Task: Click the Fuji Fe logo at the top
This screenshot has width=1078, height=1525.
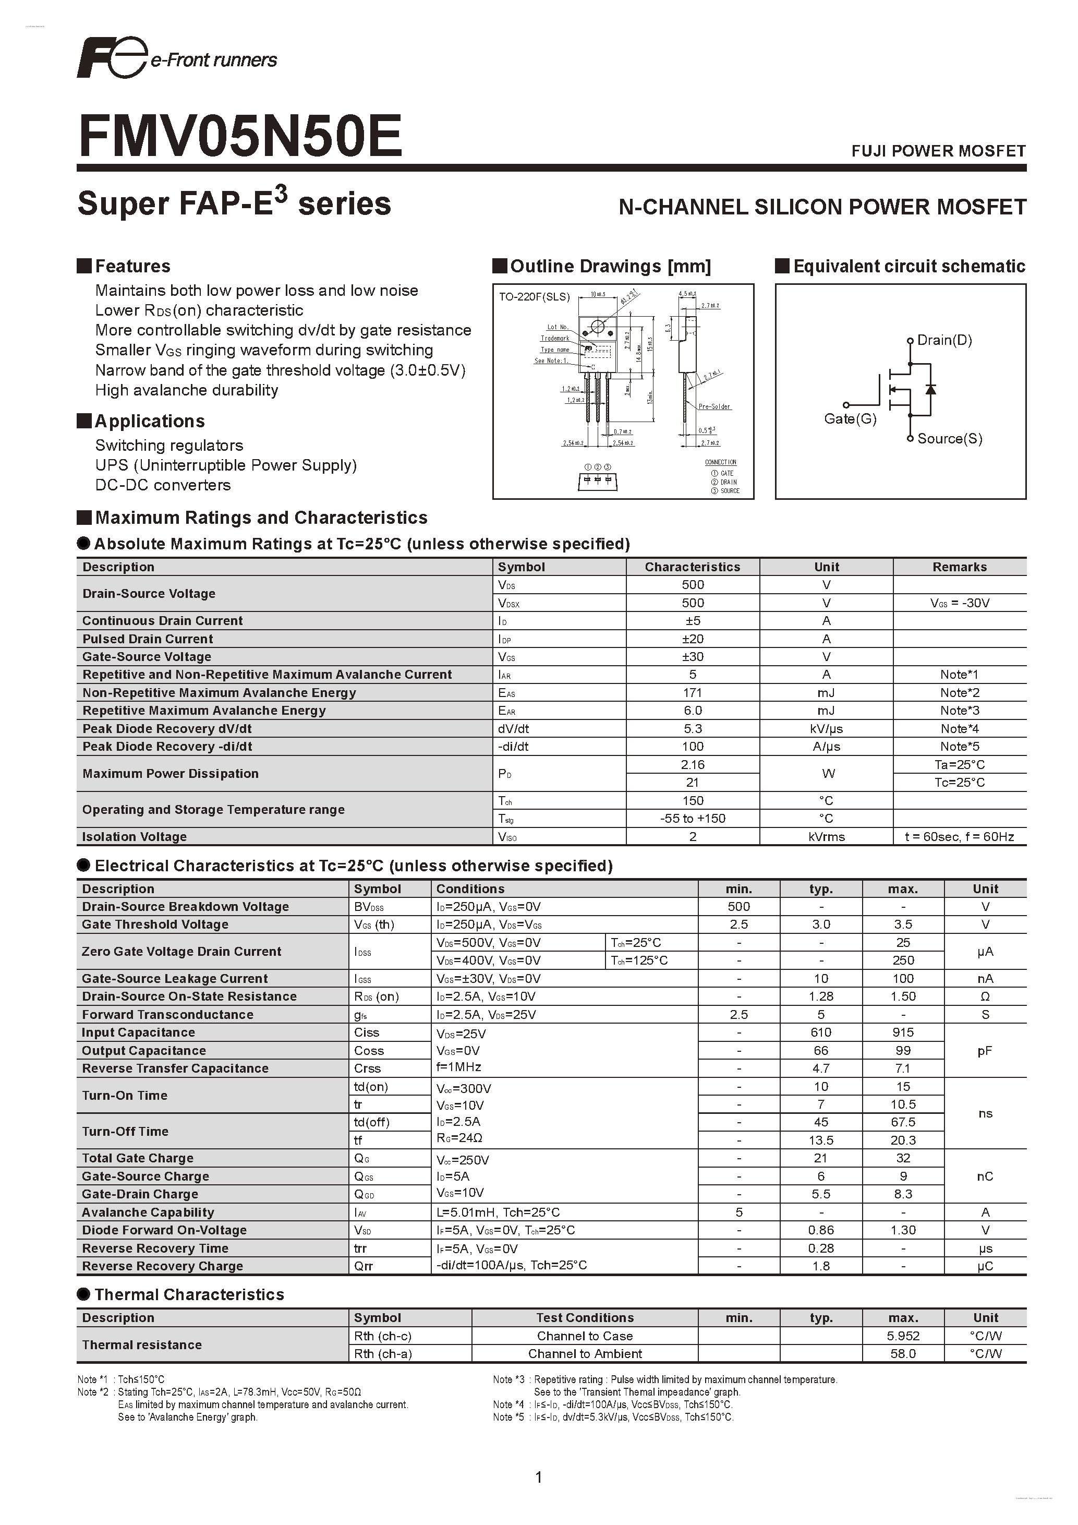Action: point(110,58)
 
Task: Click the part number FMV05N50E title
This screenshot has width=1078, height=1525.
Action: point(240,136)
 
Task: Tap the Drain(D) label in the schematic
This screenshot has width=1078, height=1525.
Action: point(944,340)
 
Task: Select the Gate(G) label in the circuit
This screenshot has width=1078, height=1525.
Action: point(850,418)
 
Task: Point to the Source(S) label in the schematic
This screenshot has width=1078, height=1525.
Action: point(949,438)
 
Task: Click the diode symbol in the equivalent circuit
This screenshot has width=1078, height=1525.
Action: point(930,389)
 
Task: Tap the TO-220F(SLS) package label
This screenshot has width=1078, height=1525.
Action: point(535,297)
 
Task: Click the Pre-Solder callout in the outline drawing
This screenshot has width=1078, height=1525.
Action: point(714,406)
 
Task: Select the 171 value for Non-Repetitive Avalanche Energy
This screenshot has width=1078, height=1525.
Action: point(693,693)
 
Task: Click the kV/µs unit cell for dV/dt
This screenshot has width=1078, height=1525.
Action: point(827,729)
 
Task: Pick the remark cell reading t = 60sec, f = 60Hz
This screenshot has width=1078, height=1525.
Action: point(959,837)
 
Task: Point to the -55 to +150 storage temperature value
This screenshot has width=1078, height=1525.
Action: point(693,818)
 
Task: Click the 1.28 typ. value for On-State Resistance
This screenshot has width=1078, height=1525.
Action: point(821,996)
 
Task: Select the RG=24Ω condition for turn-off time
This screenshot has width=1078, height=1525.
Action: point(459,1138)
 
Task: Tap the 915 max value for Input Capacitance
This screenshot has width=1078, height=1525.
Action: point(903,1032)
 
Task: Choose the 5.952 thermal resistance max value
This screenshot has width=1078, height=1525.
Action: point(903,1336)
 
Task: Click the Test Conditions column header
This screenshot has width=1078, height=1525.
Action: point(585,1318)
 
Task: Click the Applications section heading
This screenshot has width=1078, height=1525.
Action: point(149,421)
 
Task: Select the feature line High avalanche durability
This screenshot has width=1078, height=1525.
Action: point(187,390)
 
